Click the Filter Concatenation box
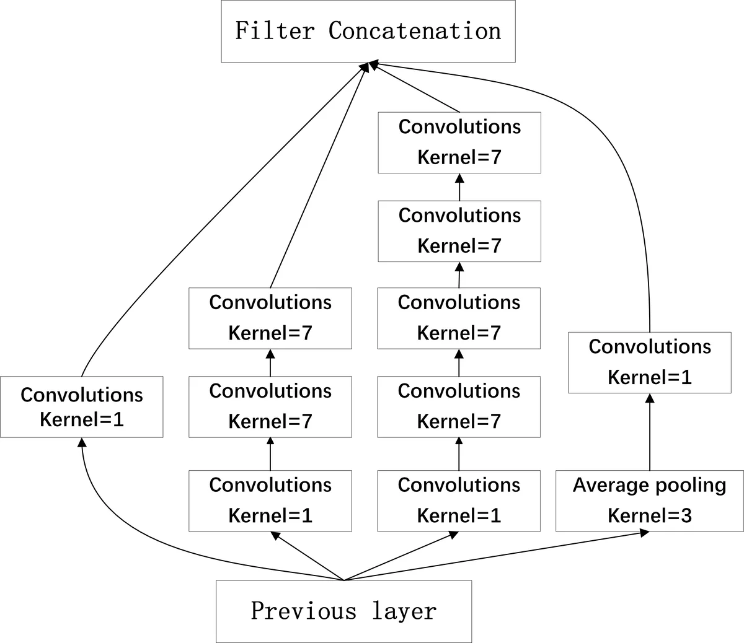point(368,31)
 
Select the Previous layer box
point(343,611)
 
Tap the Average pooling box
point(649,501)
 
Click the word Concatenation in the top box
point(414,31)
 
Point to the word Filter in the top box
point(275,31)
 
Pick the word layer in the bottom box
point(404,611)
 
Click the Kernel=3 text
point(649,515)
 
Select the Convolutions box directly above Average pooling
point(649,362)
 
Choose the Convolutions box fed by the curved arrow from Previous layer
point(81,406)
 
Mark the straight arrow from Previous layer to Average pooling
point(496,556)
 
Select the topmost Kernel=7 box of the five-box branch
point(459,142)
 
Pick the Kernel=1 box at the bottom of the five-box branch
point(459,501)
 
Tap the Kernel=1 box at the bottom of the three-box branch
point(270,501)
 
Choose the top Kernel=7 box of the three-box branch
point(270,318)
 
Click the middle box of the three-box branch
point(270,406)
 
